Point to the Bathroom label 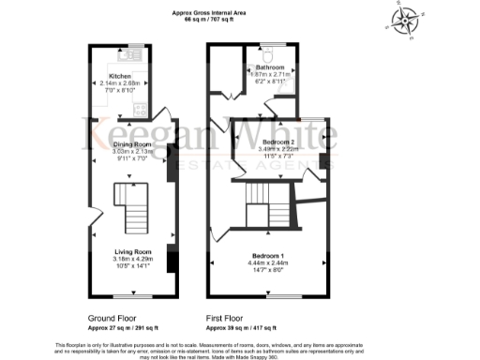265,68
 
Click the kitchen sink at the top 138,54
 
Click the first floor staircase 258,202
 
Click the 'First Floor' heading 229,318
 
